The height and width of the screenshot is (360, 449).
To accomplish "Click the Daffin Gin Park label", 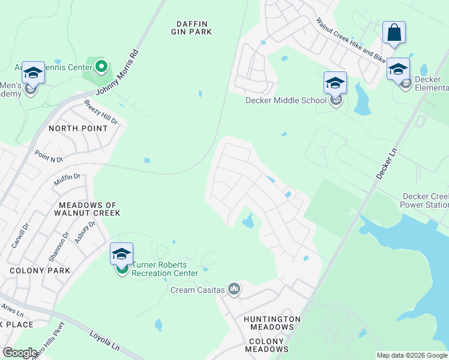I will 192,27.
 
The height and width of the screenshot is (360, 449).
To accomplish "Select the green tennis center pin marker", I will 101,67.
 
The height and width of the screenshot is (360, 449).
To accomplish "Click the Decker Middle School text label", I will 286,100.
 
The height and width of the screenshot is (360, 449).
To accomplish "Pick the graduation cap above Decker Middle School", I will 335,83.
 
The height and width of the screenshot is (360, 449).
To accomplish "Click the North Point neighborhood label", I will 78,128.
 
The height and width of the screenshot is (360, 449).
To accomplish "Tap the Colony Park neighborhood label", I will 40,271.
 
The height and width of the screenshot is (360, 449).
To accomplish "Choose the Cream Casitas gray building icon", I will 235,290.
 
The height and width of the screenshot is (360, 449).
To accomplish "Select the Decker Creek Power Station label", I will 425,200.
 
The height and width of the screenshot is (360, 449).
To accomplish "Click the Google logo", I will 20,353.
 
